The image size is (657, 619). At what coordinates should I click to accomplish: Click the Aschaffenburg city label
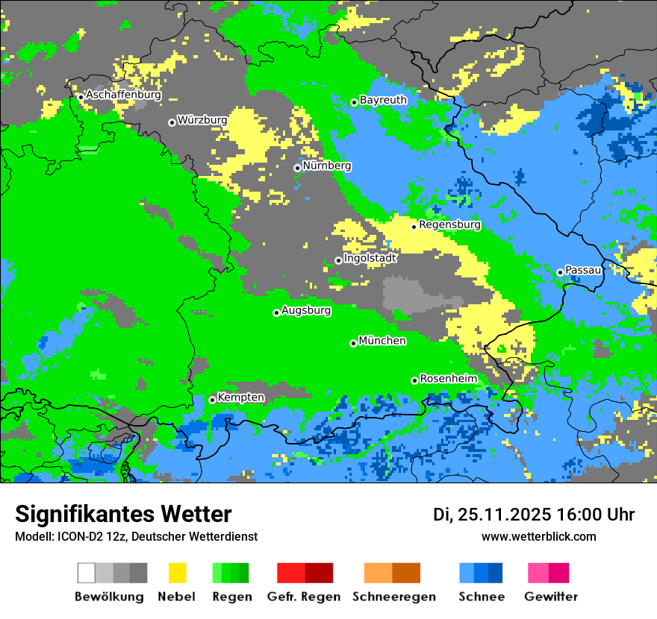click(x=123, y=95)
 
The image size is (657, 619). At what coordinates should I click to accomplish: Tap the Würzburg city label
click(x=202, y=120)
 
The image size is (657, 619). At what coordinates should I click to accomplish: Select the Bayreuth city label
click(x=383, y=100)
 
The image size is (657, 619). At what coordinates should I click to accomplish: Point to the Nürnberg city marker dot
click(x=297, y=168)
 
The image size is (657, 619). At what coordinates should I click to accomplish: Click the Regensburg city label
click(x=449, y=224)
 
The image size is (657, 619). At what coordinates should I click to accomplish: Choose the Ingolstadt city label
click(x=370, y=258)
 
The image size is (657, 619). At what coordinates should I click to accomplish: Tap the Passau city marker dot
click(x=560, y=272)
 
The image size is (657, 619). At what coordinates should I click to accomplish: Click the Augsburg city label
click(x=306, y=311)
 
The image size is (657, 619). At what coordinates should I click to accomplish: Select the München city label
click(x=382, y=341)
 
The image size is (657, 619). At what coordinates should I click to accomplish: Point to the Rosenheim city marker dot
click(x=414, y=380)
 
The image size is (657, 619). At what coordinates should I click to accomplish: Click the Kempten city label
click(x=240, y=398)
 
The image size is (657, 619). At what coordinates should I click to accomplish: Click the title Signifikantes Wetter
click(x=123, y=514)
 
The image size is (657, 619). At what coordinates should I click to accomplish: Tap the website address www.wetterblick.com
click(x=538, y=536)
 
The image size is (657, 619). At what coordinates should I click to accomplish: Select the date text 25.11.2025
click(x=504, y=515)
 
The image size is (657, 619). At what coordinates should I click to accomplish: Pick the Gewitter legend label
click(x=550, y=597)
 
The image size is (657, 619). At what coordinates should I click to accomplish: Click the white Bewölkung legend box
click(x=87, y=573)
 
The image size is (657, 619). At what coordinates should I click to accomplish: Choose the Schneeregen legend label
click(x=394, y=597)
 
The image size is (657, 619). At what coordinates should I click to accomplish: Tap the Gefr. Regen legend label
click(x=304, y=597)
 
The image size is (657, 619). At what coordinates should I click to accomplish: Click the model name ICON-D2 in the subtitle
click(x=76, y=536)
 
